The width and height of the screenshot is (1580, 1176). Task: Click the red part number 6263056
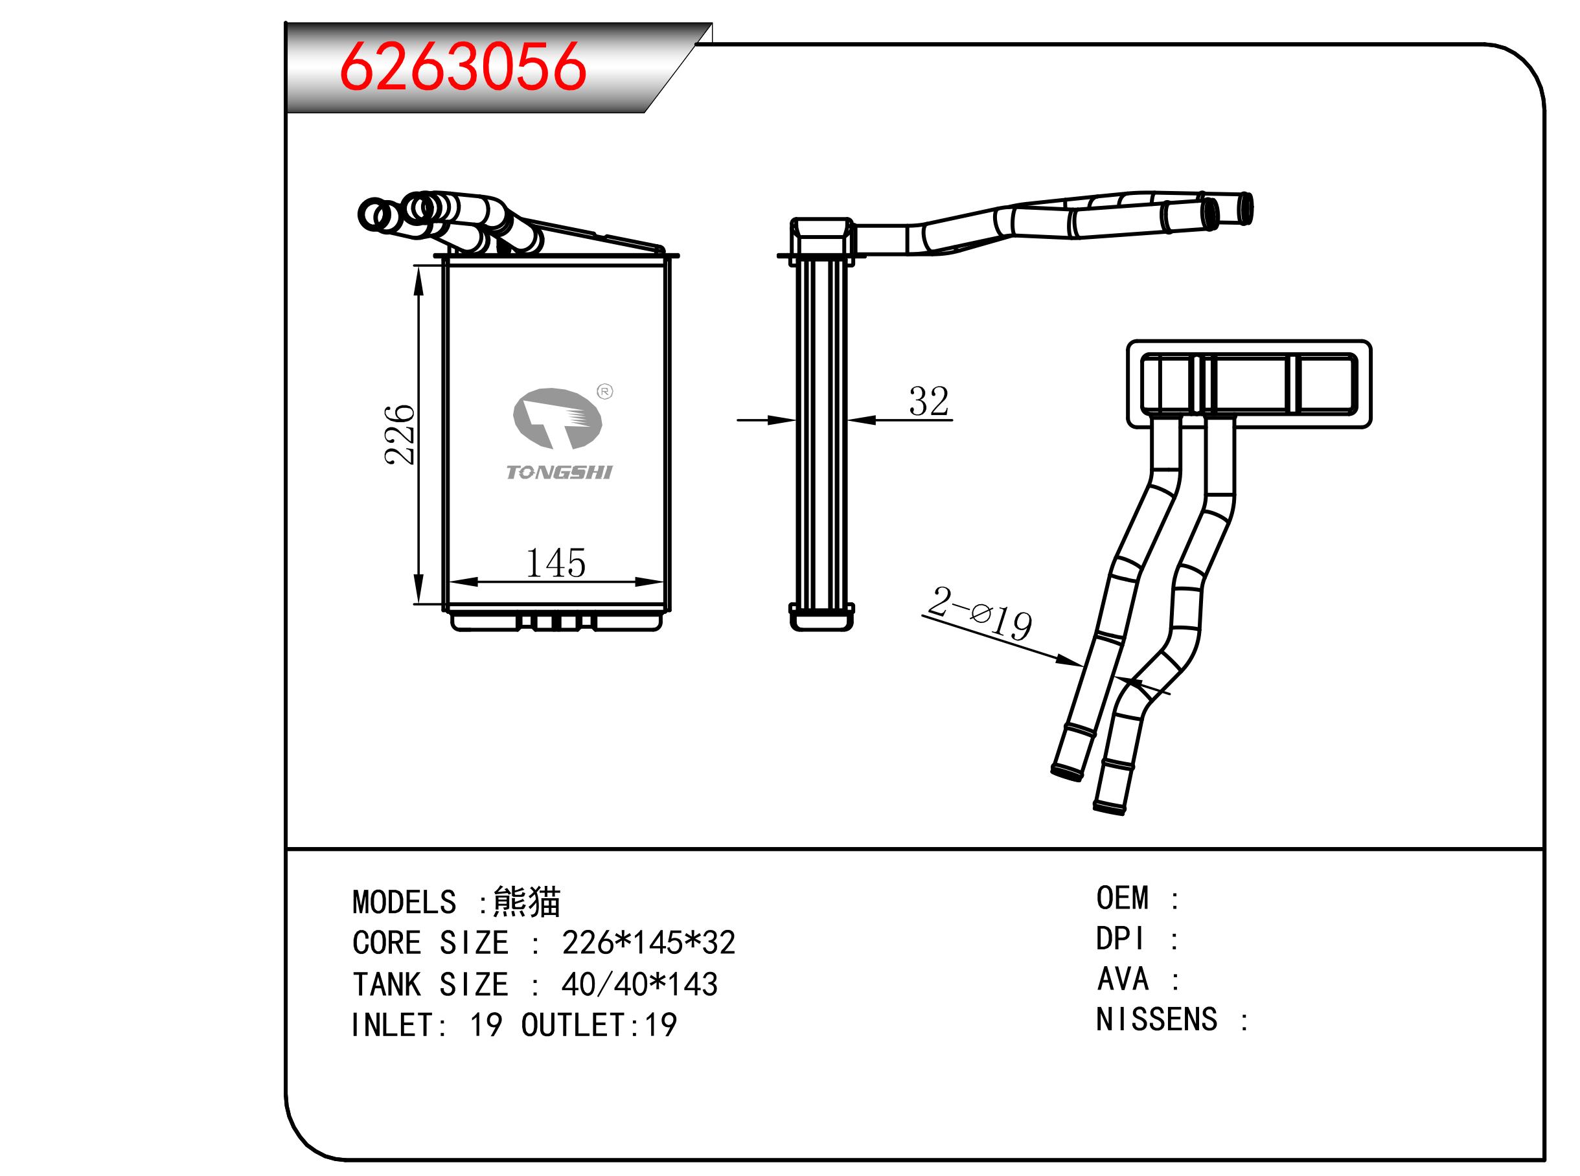(x=463, y=67)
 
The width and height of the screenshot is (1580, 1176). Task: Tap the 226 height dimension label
(x=400, y=435)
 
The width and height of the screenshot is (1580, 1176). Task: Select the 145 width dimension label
(x=555, y=563)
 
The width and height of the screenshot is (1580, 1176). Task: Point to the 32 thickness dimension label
(x=928, y=401)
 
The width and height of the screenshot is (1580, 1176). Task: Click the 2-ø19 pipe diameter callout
(x=979, y=614)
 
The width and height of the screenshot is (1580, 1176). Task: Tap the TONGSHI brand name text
(x=559, y=472)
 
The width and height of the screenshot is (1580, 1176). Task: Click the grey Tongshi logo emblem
(x=557, y=418)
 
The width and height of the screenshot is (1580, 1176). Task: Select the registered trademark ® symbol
(x=604, y=392)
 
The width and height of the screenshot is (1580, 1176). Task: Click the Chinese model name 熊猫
(x=527, y=902)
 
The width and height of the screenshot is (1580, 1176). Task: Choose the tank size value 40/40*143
(x=639, y=984)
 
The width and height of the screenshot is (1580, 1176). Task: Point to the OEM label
(x=1122, y=898)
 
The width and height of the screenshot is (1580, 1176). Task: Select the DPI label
(x=1120, y=939)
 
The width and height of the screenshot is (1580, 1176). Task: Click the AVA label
(x=1123, y=979)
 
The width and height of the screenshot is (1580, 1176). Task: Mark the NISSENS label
(x=1156, y=1019)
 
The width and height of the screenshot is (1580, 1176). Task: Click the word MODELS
(x=404, y=902)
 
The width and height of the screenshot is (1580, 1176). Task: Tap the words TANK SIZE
(x=430, y=984)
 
